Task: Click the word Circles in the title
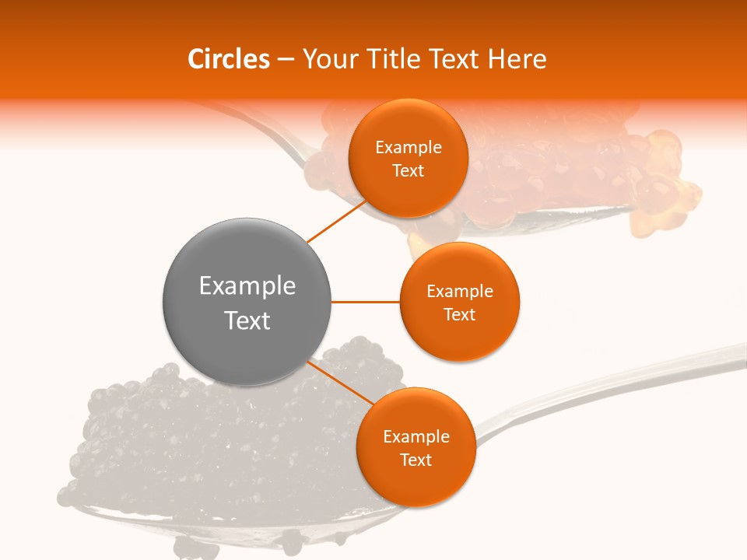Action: tap(229, 59)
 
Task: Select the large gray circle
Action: tap(247, 302)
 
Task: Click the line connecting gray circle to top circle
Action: tap(336, 221)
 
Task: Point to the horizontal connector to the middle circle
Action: tap(365, 302)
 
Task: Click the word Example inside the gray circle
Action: tap(247, 286)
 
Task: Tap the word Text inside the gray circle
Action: tap(247, 320)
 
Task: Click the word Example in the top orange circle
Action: tap(409, 148)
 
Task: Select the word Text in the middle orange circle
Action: tap(459, 314)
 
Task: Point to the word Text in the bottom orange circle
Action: tap(416, 460)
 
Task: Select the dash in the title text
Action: tap(286, 60)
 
